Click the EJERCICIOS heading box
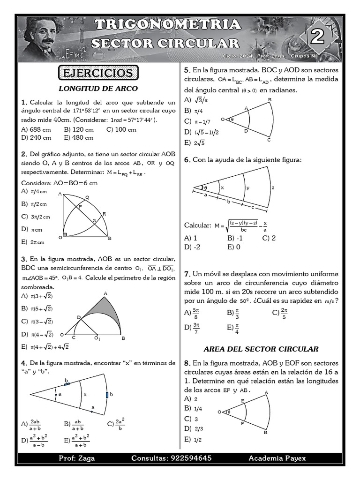pos(98,73)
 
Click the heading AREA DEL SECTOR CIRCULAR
pos(261,349)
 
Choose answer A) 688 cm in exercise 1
pos(36,129)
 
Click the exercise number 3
pos(23,259)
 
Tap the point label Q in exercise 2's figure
pos(87,197)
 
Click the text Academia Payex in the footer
pos(277,458)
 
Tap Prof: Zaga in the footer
pos(76,458)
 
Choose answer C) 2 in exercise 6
pos(269,238)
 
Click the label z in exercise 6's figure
pos(273,187)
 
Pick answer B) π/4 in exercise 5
pos(194,111)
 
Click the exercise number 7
pos(186,273)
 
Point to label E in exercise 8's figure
pos(242,401)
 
